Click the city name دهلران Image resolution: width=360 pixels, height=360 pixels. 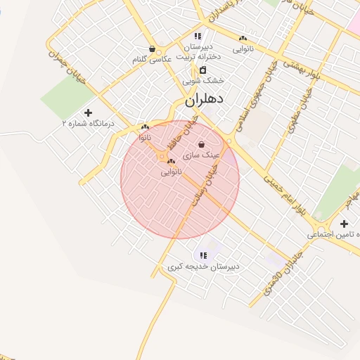(204, 101)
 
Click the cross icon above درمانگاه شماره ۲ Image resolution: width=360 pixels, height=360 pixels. (88, 112)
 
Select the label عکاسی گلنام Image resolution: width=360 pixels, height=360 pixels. (152, 60)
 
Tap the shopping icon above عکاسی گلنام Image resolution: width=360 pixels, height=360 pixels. (153, 49)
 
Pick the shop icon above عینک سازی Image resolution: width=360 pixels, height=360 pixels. (202, 144)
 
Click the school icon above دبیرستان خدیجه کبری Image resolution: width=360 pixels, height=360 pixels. (203, 256)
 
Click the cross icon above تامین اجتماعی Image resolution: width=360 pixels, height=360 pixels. (343, 224)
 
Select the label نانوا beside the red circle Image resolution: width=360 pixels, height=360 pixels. (145, 137)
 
